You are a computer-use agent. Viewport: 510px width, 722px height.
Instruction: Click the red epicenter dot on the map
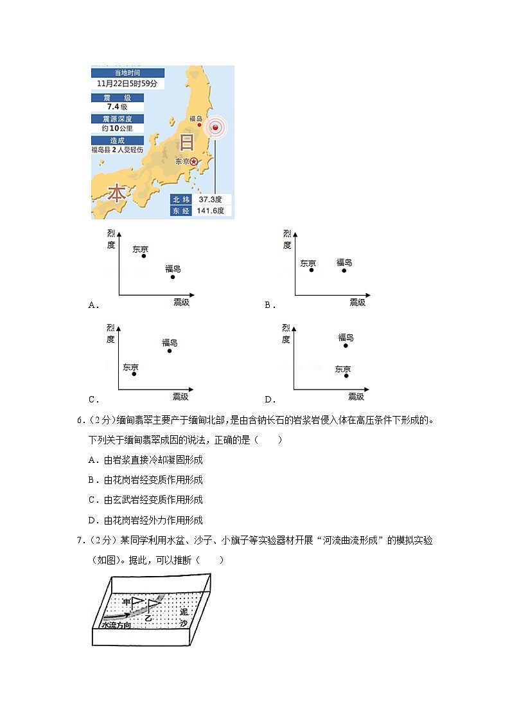216,128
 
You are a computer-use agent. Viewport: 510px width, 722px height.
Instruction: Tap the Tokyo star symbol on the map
194,162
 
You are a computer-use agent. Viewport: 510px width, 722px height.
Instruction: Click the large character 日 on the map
186,142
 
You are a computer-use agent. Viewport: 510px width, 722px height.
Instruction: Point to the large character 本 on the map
116,193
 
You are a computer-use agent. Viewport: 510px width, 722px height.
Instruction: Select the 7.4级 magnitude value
118,107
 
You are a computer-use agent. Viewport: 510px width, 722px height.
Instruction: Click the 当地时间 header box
127,73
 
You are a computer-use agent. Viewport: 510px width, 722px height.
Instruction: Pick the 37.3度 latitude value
211,199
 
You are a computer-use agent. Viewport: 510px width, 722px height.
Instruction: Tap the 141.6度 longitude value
211,211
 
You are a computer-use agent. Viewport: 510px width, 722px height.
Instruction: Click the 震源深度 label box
117,119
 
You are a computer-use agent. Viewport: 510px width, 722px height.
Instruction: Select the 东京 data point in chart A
144,256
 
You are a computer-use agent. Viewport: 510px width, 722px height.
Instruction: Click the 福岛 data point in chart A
173,277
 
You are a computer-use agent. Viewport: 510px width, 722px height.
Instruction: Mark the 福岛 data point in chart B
344,271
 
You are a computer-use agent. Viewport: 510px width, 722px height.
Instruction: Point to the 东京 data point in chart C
134,374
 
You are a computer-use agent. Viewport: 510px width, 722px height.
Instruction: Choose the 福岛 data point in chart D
346,346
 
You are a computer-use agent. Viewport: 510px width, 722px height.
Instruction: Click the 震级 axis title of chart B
357,302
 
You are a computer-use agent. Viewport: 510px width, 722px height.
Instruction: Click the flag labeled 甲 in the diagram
137,602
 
